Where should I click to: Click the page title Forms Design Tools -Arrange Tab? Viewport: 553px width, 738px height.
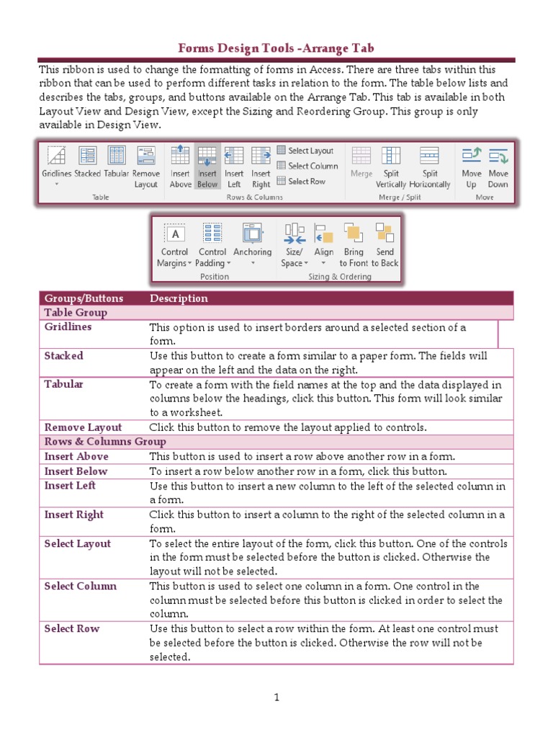click(276, 48)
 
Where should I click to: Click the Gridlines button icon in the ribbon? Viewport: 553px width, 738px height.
click(55, 156)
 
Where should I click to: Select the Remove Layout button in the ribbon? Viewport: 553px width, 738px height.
click(145, 166)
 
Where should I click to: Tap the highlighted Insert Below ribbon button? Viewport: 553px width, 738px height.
click(207, 166)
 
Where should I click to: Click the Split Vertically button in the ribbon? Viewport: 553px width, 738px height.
click(391, 166)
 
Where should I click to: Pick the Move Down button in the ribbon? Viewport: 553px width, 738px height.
click(498, 166)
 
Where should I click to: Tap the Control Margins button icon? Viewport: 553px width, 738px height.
click(174, 234)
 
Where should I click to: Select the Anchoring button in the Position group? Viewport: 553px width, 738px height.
click(252, 241)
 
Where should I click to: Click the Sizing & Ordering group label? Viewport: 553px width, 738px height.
click(339, 277)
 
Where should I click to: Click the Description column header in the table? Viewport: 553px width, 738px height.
click(179, 298)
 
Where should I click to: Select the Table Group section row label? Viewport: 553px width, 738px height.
click(76, 313)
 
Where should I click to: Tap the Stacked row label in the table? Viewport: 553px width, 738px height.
click(63, 356)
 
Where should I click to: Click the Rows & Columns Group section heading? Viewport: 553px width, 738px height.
click(105, 442)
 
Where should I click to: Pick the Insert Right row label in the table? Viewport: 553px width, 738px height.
click(73, 515)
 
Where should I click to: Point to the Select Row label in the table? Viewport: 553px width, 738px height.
click(72, 629)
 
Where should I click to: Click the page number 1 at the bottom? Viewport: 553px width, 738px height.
click(276, 697)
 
